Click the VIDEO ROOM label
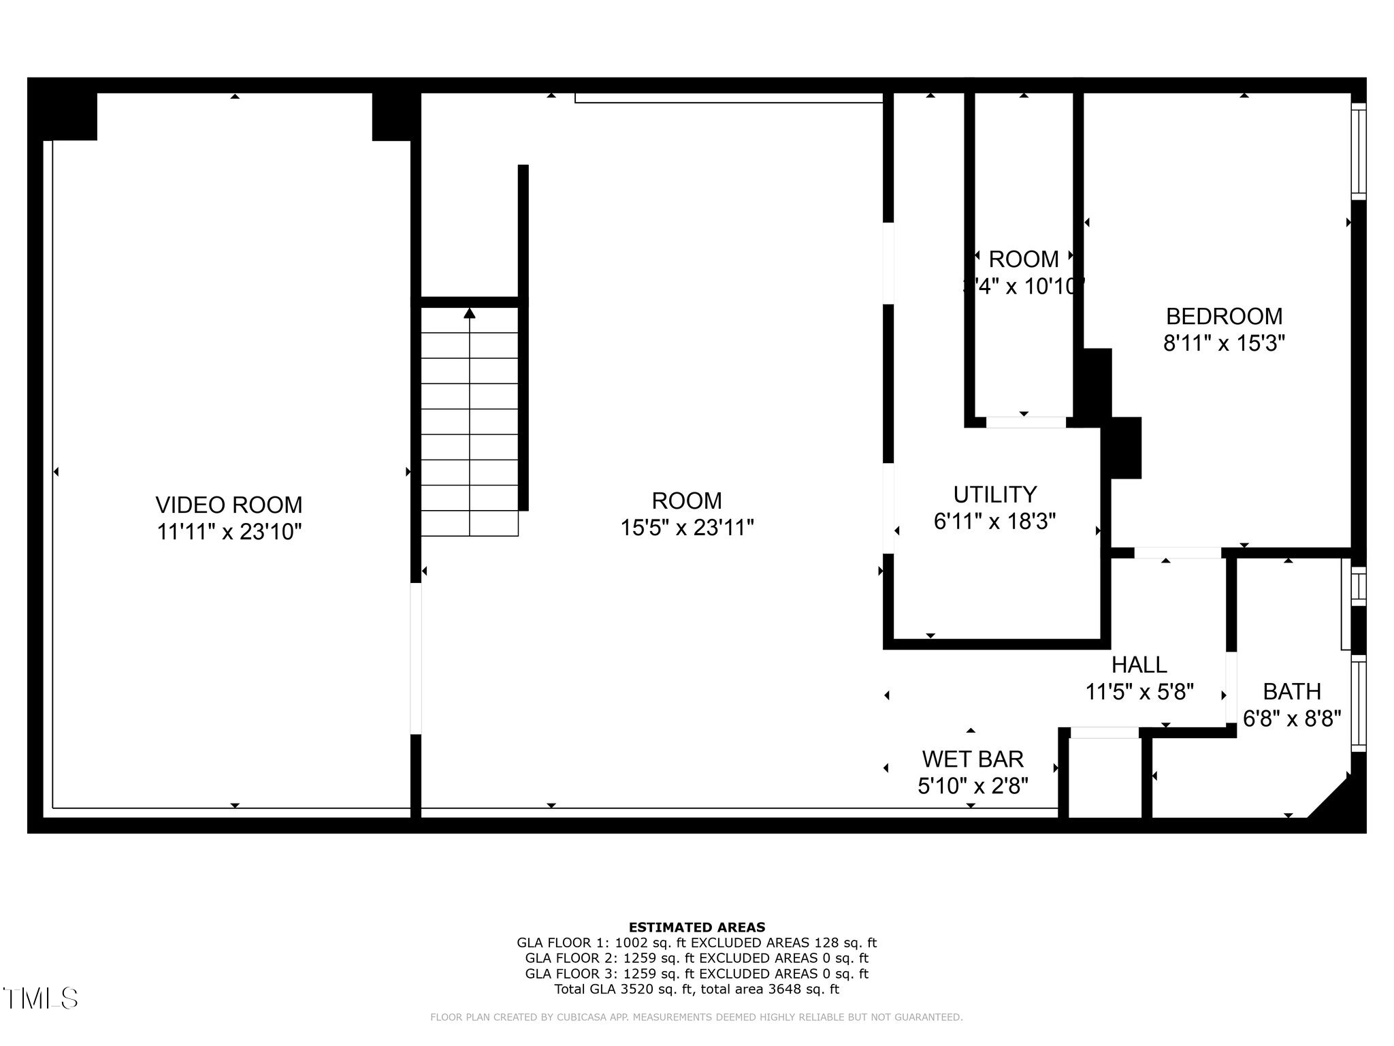point(229,505)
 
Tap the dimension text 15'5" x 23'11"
point(687,528)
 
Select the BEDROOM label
point(1224,316)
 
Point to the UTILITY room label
point(994,494)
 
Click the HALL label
point(1139,664)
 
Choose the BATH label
point(1291,691)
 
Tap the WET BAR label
point(972,759)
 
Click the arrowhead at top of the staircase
point(470,313)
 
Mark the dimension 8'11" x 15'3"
point(1224,343)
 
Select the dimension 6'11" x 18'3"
point(994,522)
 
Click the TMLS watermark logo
point(41,998)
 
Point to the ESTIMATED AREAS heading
point(696,927)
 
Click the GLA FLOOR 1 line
point(696,943)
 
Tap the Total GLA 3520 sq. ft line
point(696,989)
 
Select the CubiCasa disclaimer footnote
point(696,1017)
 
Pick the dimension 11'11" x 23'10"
point(229,532)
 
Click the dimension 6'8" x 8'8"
point(1291,718)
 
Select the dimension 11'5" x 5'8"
point(1139,692)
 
